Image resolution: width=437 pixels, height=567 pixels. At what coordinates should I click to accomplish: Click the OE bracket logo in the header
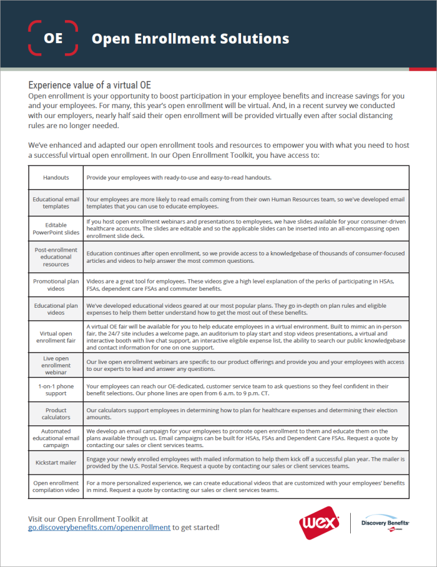53,38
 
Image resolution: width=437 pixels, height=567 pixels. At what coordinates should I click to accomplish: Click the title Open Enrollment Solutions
190,39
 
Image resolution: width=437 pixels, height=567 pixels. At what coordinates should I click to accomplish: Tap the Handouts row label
56,177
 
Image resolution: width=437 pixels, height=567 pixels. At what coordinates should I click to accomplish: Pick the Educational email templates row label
56,203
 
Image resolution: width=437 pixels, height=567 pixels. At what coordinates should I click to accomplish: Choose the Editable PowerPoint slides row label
56,229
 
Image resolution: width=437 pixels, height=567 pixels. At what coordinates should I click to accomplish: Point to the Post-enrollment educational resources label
56,257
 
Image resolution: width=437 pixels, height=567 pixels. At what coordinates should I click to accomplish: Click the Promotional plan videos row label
56,285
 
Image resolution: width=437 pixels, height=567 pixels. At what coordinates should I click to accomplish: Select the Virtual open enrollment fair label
56,337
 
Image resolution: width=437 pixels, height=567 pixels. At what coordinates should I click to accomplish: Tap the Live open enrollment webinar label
56,365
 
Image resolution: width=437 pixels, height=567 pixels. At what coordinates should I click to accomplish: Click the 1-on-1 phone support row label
56,389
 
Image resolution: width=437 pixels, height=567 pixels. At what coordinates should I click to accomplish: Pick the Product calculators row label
56,414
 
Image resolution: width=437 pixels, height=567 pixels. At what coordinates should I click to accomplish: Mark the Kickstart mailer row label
56,462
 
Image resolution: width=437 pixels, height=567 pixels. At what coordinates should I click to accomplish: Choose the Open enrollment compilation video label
56,487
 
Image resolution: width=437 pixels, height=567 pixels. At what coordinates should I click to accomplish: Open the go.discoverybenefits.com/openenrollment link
99,527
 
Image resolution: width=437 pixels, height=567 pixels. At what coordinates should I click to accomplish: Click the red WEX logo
319,523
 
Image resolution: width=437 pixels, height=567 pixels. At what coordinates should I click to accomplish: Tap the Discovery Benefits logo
385,523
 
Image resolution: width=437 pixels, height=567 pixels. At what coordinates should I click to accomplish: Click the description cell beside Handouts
246,177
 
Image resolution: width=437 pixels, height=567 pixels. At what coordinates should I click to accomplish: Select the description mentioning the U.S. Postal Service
246,462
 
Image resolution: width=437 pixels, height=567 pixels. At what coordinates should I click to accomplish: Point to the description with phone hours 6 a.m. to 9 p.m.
246,389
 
